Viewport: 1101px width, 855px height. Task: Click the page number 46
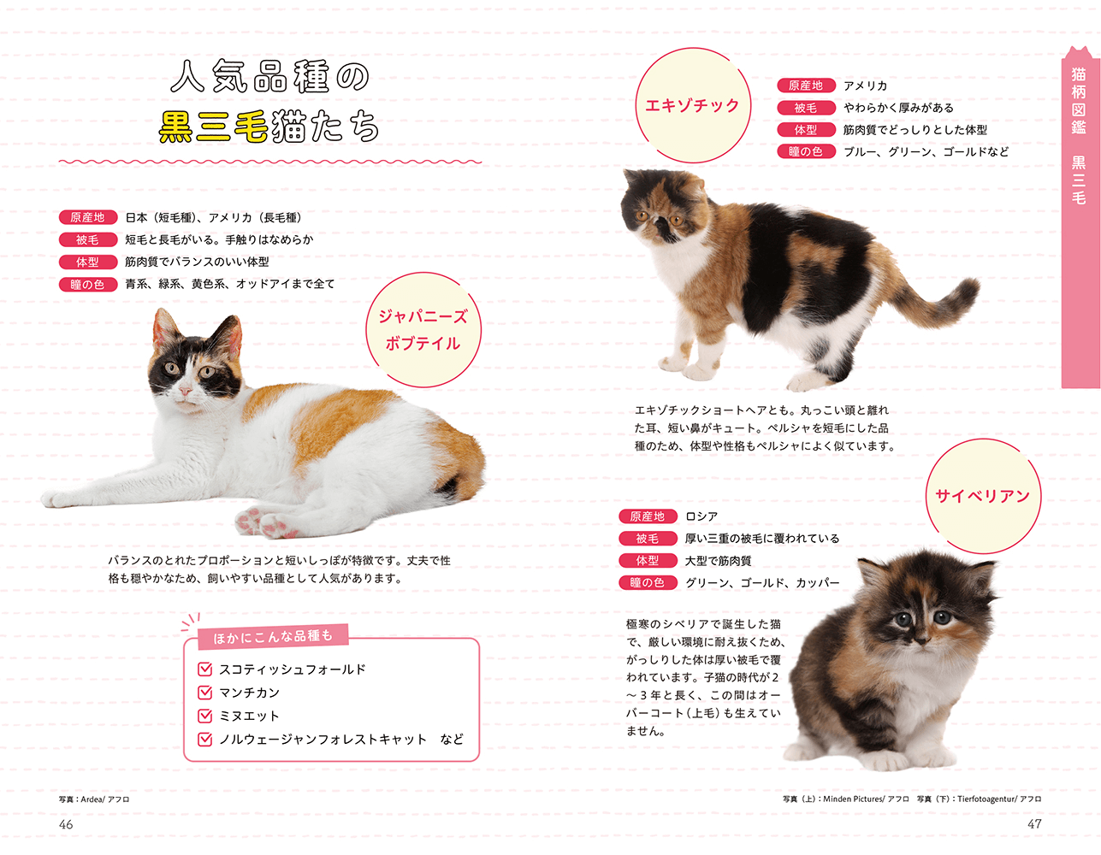[x=66, y=824]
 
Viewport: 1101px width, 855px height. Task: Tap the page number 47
[x=1034, y=824]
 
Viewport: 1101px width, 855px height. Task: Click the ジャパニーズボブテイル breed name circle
[x=423, y=330]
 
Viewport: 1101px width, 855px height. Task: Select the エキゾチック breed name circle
[x=692, y=106]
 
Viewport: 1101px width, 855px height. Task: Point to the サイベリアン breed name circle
[x=982, y=497]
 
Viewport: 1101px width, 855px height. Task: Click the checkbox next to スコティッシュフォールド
[x=205, y=669]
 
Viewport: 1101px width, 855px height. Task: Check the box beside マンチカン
[x=205, y=693]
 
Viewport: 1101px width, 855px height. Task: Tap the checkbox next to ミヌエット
[x=205, y=716]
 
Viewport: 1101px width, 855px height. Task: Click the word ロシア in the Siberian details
[x=701, y=516]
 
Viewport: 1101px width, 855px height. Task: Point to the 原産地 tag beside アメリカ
[x=806, y=85]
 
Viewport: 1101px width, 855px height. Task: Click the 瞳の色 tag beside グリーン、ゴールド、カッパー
[x=648, y=583]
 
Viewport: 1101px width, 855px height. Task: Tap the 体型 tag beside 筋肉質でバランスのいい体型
[x=87, y=262]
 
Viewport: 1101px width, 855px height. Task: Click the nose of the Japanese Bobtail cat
[x=186, y=391]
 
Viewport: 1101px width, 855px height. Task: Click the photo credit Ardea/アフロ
[x=94, y=799]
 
